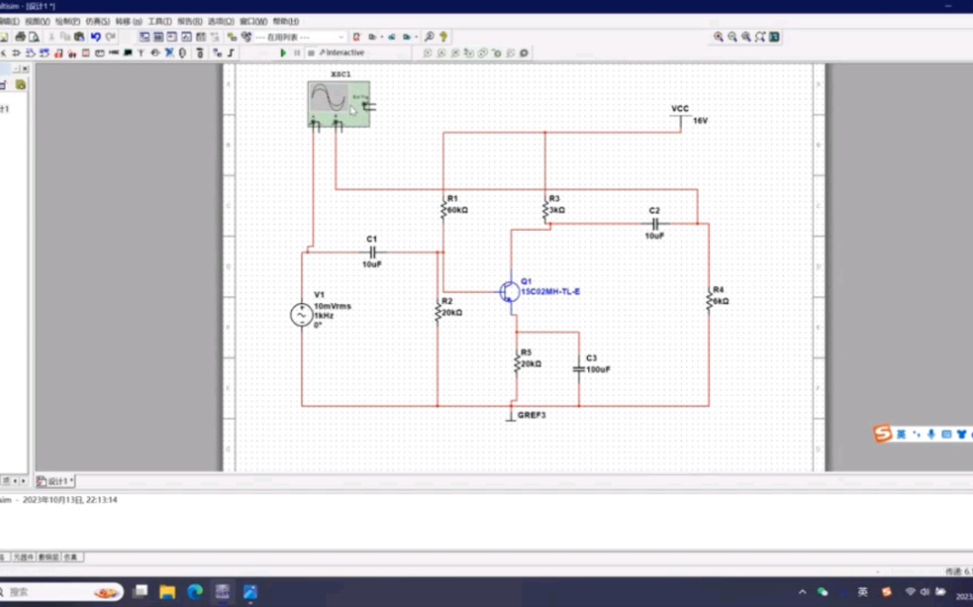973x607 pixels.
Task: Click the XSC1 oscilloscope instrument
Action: tap(337, 102)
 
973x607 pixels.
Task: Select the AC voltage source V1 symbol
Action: tap(301, 315)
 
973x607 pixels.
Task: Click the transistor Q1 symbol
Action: tap(509, 291)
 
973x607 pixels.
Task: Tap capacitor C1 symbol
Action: tap(372, 252)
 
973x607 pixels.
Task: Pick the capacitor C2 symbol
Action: tap(655, 224)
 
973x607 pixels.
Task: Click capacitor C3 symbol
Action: tap(579, 370)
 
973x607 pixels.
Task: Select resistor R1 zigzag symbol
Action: tap(443, 211)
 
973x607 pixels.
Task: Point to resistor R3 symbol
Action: tap(545, 211)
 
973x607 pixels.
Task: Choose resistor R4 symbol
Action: tap(709, 300)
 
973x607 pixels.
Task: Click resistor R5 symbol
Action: tap(515, 362)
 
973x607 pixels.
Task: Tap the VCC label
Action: tap(680, 110)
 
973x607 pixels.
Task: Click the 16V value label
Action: tap(701, 121)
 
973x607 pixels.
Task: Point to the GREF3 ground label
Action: tap(531, 415)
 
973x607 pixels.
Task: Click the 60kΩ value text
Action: tap(457, 210)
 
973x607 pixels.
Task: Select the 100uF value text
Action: tap(598, 370)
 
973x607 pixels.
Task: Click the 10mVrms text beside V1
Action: tap(332, 306)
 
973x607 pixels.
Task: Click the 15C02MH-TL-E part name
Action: tap(551, 292)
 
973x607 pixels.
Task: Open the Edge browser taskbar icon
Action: tap(195, 592)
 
